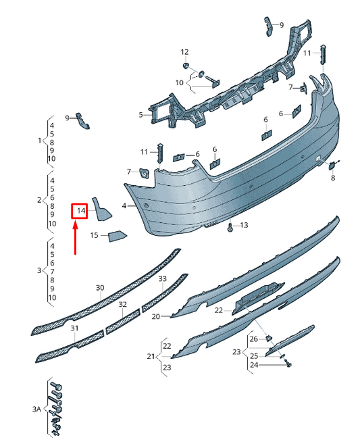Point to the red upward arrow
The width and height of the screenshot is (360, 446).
pyautogui.click(x=76, y=239)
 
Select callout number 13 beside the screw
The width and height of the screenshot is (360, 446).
pyautogui.click(x=244, y=225)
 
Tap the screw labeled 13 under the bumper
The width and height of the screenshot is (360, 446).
pyautogui.click(x=230, y=227)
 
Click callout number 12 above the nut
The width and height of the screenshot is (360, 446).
pyautogui.click(x=184, y=52)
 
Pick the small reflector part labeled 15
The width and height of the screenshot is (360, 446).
pyautogui.click(x=117, y=236)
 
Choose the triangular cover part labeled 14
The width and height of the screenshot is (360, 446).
pyautogui.click(x=101, y=209)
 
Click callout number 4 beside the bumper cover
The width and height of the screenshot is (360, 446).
pyautogui.click(x=124, y=205)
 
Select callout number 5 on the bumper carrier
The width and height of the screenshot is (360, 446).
pyautogui.click(x=140, y=115)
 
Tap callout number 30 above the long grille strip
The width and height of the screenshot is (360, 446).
pyautogui.click(x=100, y=288)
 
